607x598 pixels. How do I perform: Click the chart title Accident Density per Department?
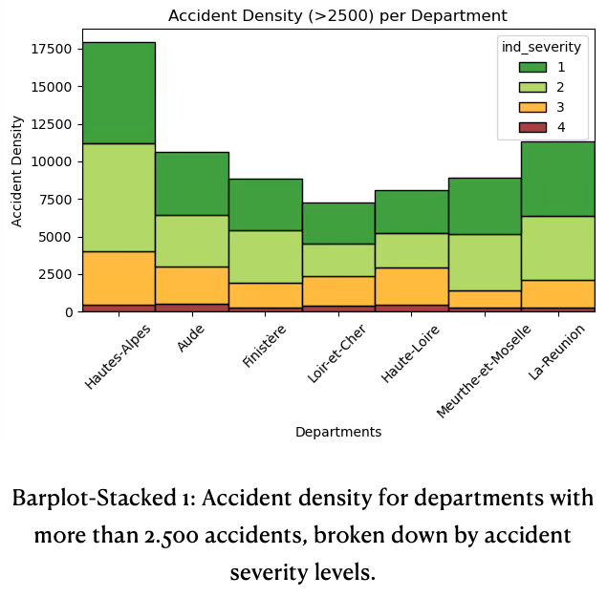pos(337,16)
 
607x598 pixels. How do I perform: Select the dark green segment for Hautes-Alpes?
pos(119,93)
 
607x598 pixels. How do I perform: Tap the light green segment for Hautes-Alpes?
pos(119,198)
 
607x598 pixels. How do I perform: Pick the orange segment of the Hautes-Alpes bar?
pos(119,278)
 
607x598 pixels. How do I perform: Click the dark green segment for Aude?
pos(192,183)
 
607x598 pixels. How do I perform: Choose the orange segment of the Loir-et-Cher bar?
pos(338,290)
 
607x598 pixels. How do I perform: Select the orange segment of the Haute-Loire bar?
pos(411,286)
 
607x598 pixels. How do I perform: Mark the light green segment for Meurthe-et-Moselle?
pos(485,263)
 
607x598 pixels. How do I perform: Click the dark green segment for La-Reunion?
pos(557,179)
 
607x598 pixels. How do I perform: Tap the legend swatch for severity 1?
pos(532,67)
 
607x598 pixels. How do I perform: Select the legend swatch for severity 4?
pos(532,127)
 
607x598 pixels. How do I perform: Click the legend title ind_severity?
pos(541,47)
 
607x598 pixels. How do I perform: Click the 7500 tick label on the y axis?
pos(54,199)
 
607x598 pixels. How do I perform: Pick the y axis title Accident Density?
pos(17,170)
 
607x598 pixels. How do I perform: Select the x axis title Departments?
pos(337,432)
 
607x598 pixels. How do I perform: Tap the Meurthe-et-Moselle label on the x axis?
pos(484,372)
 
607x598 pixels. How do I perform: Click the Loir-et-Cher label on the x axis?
pos(337,354)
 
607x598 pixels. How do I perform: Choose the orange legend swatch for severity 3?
pos(532,107)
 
